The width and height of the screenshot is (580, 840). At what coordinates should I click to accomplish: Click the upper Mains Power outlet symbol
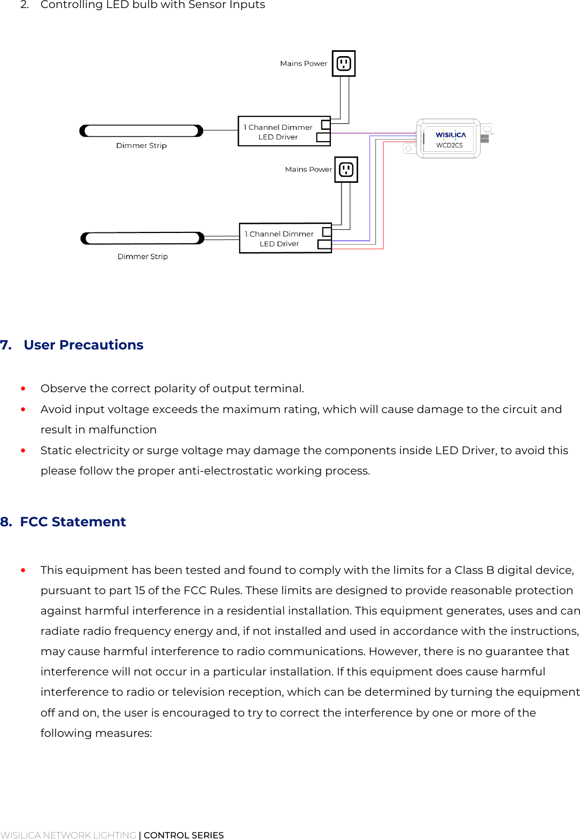[x=344, y=64]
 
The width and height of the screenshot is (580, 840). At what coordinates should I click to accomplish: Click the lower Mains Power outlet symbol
[x=346, y=170]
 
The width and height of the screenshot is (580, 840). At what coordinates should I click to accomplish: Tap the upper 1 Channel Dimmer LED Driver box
[x=284, y=131]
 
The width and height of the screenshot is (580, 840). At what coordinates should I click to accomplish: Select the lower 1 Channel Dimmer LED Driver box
[x=285, y=238]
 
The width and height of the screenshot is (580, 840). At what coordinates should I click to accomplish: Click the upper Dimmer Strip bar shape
[x=141, y=131]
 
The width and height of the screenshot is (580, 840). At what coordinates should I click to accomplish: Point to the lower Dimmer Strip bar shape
[x=142, y=238]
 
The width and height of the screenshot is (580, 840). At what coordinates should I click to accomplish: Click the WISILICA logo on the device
[x=450, y=135]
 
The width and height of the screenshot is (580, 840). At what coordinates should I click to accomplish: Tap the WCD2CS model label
[x=449, y=145]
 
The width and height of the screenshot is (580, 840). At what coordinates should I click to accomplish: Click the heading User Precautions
[x=83, y=345]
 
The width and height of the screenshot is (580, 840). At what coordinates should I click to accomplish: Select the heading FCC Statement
[x=73, y=522]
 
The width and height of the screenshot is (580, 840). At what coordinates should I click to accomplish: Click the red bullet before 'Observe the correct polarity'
[x=23, y=388]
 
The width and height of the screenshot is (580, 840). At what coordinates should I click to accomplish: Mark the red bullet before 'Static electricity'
[x=23, y=450]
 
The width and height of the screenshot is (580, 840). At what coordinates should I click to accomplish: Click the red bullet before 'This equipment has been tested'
[x=23, y=570]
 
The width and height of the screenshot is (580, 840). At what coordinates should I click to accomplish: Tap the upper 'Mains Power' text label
[x=303, y=64]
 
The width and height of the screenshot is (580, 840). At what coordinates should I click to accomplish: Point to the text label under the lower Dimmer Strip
[x=142, y=256]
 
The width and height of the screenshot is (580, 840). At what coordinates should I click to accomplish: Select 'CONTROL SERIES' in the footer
[x=183, y=835]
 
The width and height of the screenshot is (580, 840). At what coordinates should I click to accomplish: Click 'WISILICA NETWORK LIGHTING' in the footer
[x=68, y=835]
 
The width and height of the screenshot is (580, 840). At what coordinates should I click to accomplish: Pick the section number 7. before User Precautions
[x=6, y=345]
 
